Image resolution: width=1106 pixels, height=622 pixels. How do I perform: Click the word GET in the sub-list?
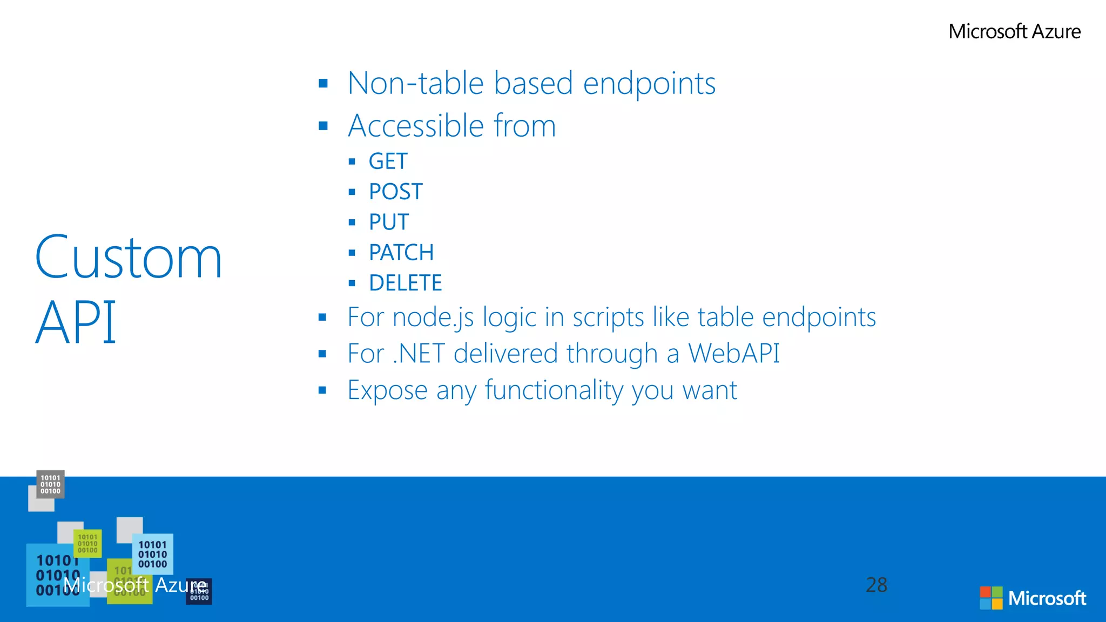point(388,161)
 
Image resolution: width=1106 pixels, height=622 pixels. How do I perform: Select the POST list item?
point(395,192)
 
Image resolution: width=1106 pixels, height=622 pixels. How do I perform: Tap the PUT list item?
point(389,222)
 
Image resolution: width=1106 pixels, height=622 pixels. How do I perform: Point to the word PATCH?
point(401,253)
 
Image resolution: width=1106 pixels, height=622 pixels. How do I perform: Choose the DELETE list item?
point(405,283)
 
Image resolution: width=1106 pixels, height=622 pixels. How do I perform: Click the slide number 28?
point(876,585)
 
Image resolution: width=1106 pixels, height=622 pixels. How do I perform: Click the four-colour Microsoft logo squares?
point(991,598)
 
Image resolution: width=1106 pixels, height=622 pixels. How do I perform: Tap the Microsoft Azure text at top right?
point(1014,31)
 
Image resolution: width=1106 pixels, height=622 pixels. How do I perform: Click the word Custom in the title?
point(129,258)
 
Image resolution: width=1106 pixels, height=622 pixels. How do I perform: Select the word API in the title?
point(76,322)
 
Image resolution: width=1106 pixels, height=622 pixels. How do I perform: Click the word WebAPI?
point(733,354)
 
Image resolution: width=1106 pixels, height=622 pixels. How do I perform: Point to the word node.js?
point(433,317)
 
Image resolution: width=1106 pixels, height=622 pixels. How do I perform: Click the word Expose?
point(387,390)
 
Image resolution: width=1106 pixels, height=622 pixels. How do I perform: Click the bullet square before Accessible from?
point(323,126)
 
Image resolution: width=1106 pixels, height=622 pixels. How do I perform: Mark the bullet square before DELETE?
point(352,283)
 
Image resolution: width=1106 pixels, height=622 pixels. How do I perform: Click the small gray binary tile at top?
point(50,484)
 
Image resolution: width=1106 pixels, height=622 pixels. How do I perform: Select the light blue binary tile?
point(153,554)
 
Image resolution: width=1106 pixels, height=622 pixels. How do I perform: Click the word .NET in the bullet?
point(419,354)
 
